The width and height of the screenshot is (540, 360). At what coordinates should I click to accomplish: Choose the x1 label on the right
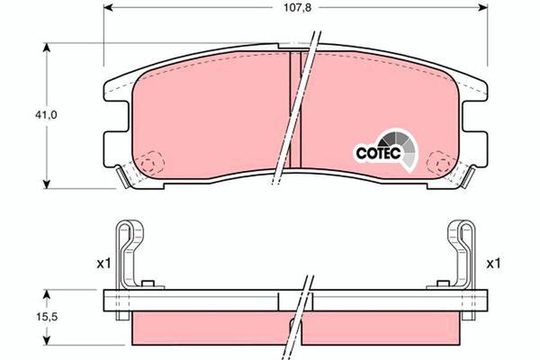pos(492,264)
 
